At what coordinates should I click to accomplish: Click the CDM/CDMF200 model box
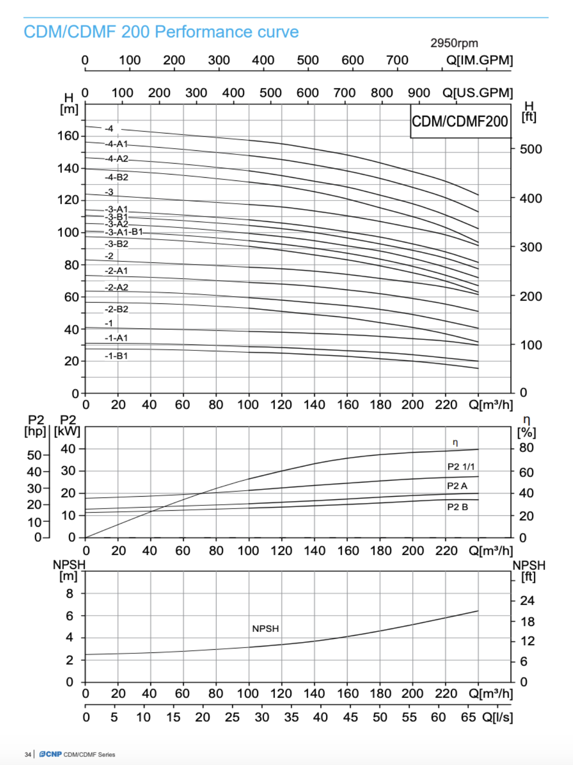tap(460, 121)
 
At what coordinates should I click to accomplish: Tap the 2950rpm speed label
tap(454, 43)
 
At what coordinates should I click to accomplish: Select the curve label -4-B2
tap(117, 177)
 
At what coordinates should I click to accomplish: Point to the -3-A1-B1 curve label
tap(124, 232)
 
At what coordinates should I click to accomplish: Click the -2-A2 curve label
tap(117, 288)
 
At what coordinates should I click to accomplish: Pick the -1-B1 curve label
tap(116, 356)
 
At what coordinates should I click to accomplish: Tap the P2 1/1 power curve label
tap(461, 467)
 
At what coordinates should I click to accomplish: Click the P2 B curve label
tap(457, 507)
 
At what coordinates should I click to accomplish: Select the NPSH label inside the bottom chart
tap(265, 629)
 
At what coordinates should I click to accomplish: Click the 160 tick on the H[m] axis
tap(68, 136)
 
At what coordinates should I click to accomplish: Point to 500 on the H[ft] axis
tap(531, 149)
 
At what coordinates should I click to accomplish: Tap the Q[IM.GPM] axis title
tap(479, 60)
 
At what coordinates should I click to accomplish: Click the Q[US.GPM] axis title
tap(477, 93)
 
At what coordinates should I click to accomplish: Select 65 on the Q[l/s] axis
tap(468, 718)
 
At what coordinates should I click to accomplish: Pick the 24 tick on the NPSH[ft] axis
tap(527, 601)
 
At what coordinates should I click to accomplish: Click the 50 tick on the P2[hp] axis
tap(34, 455)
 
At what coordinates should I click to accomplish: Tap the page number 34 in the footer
tap(28, 755)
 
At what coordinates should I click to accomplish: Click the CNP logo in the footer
tap(51, 754)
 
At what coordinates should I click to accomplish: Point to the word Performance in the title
tap(203, 32)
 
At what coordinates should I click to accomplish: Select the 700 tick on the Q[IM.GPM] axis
tap(397, 60)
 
